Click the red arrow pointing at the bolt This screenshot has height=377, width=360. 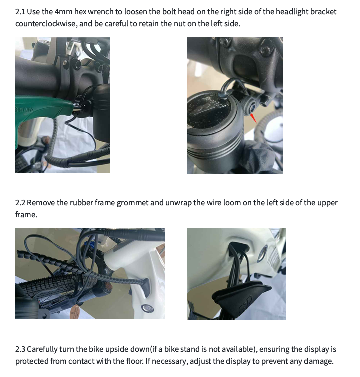(254, 118)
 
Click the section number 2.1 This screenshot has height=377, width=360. (20, 11)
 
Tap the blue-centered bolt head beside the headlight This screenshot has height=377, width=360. (250, 106)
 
